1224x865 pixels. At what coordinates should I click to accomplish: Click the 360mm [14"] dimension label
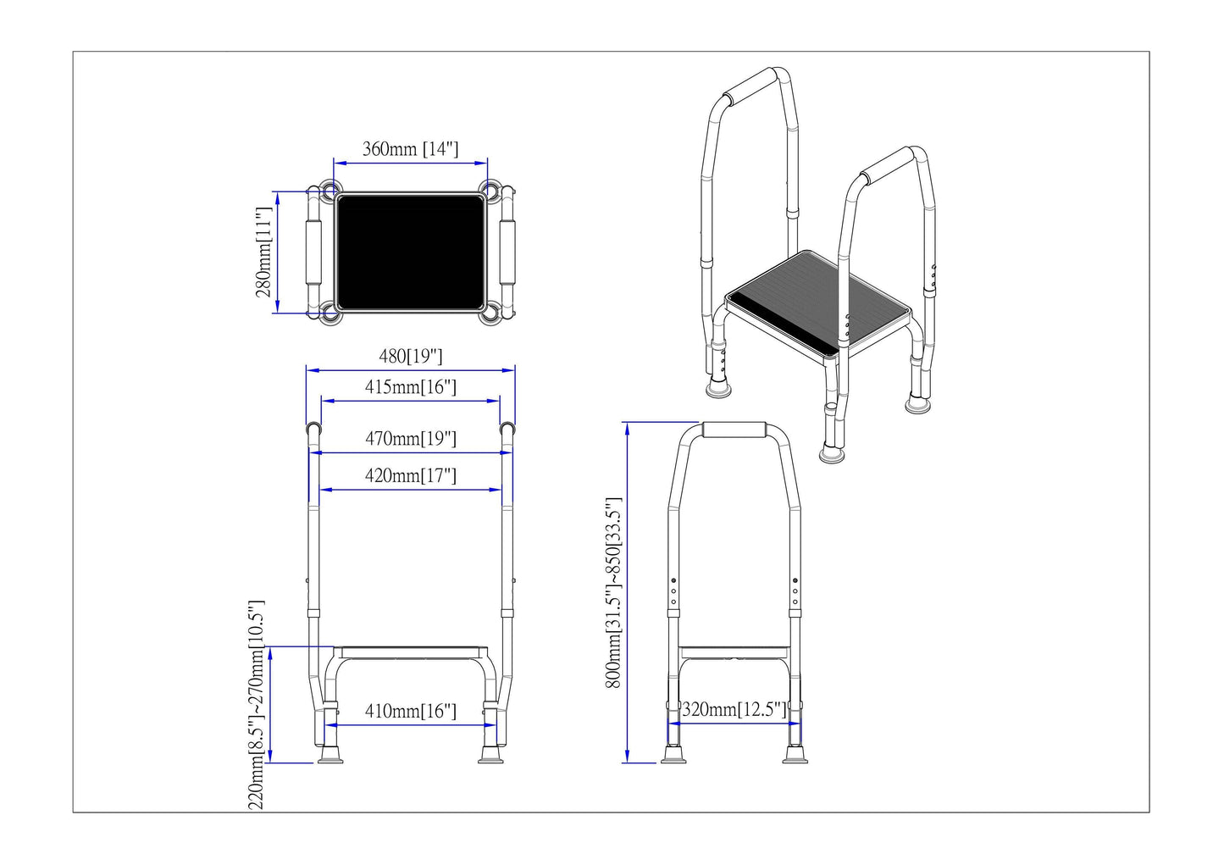pyautogui.click(x=410, y=148)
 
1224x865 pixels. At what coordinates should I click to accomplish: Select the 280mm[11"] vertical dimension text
pyautogui.click(x=263, y=252)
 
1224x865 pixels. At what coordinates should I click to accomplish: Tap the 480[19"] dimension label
pyautogui.click(x=410, y=357)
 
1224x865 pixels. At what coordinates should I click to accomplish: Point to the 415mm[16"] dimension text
pyautogui.click(x=410, y=387)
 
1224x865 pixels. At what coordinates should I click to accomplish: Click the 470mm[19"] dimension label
pyautogui.click(x=410, y=438)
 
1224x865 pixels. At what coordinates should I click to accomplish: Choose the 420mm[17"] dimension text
pyautogui.click(x=410, y=475)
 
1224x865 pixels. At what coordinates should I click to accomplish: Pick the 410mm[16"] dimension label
pyautogui.click(x=410, y=711)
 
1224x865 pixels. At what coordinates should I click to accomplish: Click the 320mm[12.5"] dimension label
pyautogui.click(x=734, y=709)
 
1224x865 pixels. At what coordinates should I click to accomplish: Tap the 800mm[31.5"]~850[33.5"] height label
pyautogui.click(x=613, y=593)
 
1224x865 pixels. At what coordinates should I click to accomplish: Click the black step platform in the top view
pyautogui.click(x=410, y=252)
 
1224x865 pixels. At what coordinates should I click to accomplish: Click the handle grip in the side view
pyautogui.click(x=734, y=430)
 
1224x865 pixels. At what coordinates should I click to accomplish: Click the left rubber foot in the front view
pyautogui.click(x=330, y=755)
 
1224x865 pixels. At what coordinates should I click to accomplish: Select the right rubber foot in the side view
pyautogui.click(x=795, y=755)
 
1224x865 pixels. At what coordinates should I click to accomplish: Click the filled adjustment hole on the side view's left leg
pyautogui.click(x=673, y=580)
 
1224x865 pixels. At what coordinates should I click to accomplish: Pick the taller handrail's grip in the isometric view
pyautogui.click(x=750, y=86)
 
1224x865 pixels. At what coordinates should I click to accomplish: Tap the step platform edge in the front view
pyautogui.click(x=410, y=652)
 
